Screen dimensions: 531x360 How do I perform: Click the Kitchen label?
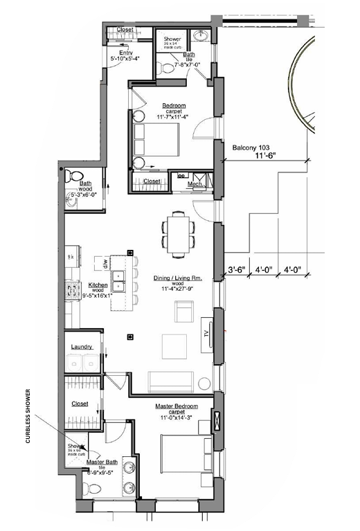96,285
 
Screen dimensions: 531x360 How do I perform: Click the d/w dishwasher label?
105,263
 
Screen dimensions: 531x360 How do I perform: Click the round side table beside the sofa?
204,384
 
